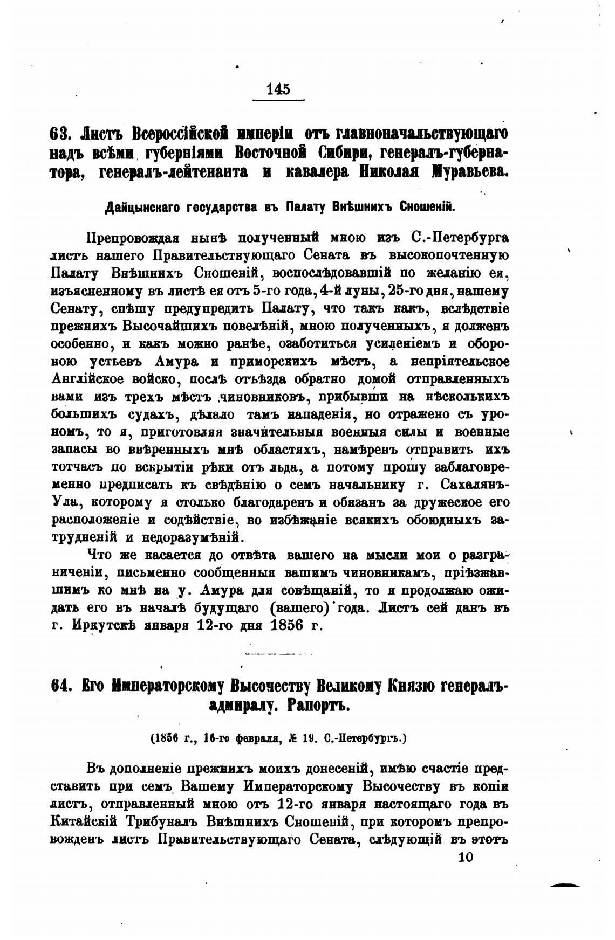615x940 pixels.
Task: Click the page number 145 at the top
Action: (278, 89)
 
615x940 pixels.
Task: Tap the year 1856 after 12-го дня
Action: (278, 625)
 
